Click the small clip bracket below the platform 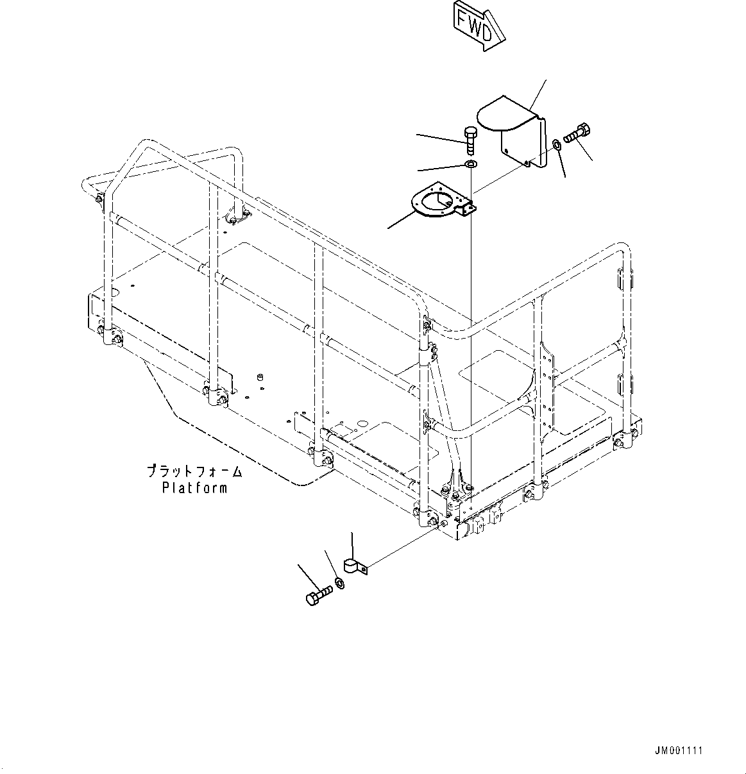pos(353,566)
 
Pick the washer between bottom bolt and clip pos(339,584)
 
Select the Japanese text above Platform pos(194,472)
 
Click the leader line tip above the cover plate pos(545,81)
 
